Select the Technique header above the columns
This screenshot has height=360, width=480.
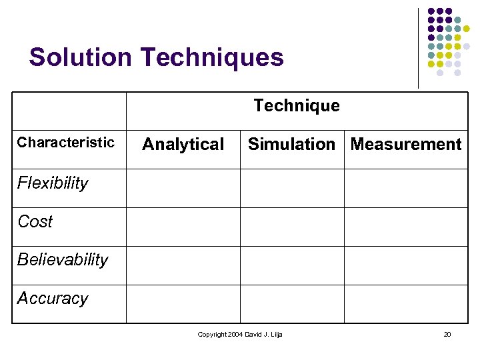(x=297, y=106)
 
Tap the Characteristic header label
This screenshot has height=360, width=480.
(x=66, y=142)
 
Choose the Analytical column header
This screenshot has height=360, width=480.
(x=183, y=145)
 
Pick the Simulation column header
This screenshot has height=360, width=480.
(x=291, y=144)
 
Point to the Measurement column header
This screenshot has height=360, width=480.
(x=406, y=144)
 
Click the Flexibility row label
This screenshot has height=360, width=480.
(x=53, y=183)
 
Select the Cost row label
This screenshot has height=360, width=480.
(x=35, y=221)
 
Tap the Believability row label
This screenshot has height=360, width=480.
(x=63, y=259)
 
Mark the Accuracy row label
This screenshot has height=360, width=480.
(x=53, y=298)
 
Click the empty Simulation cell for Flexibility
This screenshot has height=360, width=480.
(x=292, y=188)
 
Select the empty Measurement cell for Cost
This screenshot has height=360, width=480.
(x=406, y=227)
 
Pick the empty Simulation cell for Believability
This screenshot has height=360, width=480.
(x=292, y=265)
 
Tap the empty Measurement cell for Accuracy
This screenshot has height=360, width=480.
(x=406, y=304)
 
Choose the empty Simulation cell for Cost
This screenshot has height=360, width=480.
(x=292, y=227)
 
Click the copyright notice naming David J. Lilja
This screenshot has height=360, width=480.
(x=240, y=334)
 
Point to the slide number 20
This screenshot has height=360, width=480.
(x=447, y=334)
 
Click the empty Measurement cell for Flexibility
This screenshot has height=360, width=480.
(x=406, y=188)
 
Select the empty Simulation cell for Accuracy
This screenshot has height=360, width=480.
(x=292, y=304)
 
